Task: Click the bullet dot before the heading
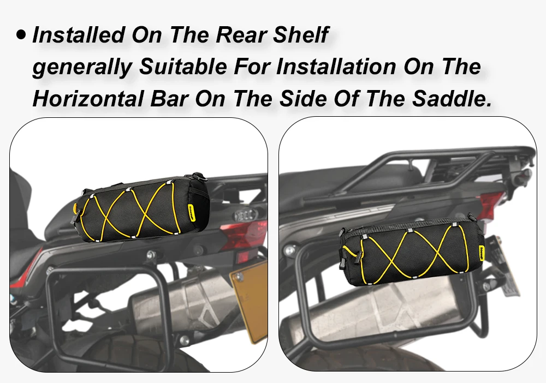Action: [x=21, y=34]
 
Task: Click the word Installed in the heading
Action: [x=79, y=35]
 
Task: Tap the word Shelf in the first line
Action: [x=301, y=35]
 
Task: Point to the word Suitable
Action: [x=183, y=66]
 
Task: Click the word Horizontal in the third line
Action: [x=88, y=98]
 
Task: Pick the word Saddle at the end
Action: [x=452, y=98]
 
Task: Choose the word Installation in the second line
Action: [x=336, y=66]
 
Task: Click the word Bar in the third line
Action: [x=170, y=98]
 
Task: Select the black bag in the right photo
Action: [x=412, y=252]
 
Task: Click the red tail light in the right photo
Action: [x=492, y=205]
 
